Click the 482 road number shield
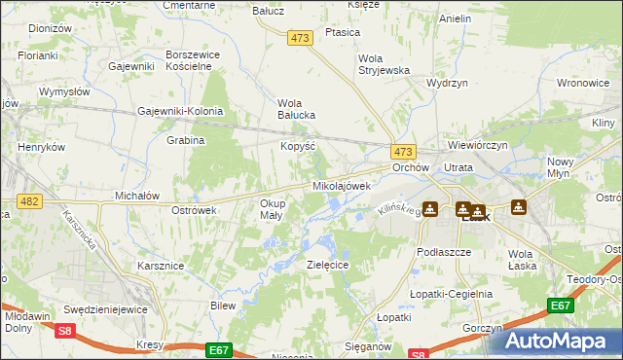point(27,200)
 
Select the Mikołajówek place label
point(342,185)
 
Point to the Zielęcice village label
point(328,265)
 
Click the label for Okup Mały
point(272,209)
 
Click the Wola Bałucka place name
point(297,109)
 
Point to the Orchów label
point(411,167)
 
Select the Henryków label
point(42,147)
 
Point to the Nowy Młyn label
point(560,167)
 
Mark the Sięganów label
point(365,345)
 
